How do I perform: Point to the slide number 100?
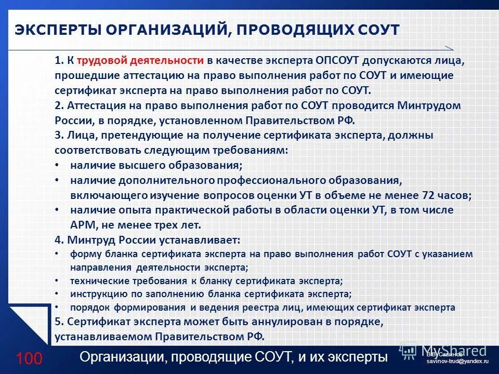(x=29, y=358)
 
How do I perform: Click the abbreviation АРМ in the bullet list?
(x=82, y=225)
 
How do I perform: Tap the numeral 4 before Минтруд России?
(x=57, y=241)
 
